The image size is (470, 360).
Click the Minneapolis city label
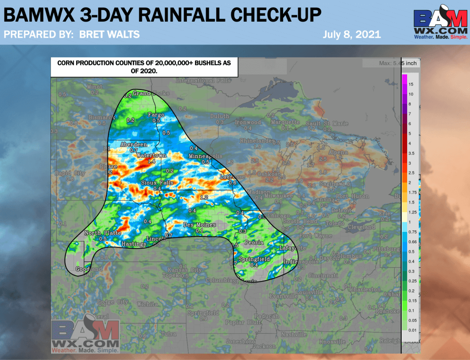point(206,157)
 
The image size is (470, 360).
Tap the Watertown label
point(151,156)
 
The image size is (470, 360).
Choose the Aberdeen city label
point(134,144)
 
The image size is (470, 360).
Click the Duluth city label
point(220,116)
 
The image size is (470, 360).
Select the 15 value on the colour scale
point(411,84)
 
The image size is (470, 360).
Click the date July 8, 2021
point(352,34)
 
